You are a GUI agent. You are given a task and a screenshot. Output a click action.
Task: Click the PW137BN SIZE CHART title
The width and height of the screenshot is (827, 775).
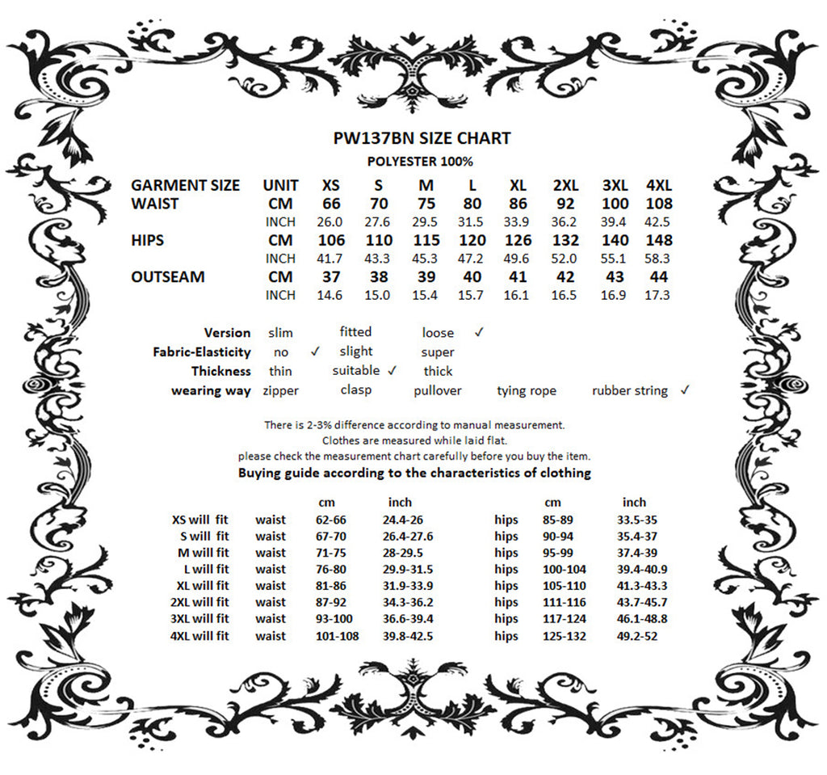pos(422,138)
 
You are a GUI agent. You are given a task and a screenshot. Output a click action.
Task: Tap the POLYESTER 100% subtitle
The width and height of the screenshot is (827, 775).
pos(420,162)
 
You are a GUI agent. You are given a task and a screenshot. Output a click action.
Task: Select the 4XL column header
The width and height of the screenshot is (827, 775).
pos(659,185)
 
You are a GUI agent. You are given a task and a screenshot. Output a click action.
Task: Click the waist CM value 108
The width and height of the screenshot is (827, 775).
pos(659,204)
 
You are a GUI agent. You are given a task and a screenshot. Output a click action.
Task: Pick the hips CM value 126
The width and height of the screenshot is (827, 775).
pos(518,240)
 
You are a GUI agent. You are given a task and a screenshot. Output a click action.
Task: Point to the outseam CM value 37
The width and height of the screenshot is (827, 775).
pos(331,277)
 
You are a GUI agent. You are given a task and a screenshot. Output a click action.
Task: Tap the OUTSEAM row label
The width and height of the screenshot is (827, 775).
pos(167,277)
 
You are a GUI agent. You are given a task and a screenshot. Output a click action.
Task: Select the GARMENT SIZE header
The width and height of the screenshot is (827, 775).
pos(185,185)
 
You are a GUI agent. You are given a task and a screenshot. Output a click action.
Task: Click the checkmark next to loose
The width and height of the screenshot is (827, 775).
pos(479,331)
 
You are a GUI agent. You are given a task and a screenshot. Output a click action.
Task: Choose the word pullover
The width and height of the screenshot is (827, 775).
pos(437,391)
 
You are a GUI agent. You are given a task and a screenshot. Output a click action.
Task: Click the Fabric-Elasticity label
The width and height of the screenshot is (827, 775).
pos(201,352)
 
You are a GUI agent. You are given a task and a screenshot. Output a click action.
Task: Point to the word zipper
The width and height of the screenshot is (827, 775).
pos(280,391)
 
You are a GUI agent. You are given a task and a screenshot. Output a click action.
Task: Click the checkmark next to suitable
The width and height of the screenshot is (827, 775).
pos(393,371)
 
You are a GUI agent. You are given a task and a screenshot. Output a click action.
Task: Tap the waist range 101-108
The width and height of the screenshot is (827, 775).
pos(337,636)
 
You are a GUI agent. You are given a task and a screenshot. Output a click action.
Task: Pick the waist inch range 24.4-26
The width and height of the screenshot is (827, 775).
pos(408,520)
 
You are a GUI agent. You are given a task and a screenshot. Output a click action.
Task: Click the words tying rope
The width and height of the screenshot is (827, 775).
pos(527,391)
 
